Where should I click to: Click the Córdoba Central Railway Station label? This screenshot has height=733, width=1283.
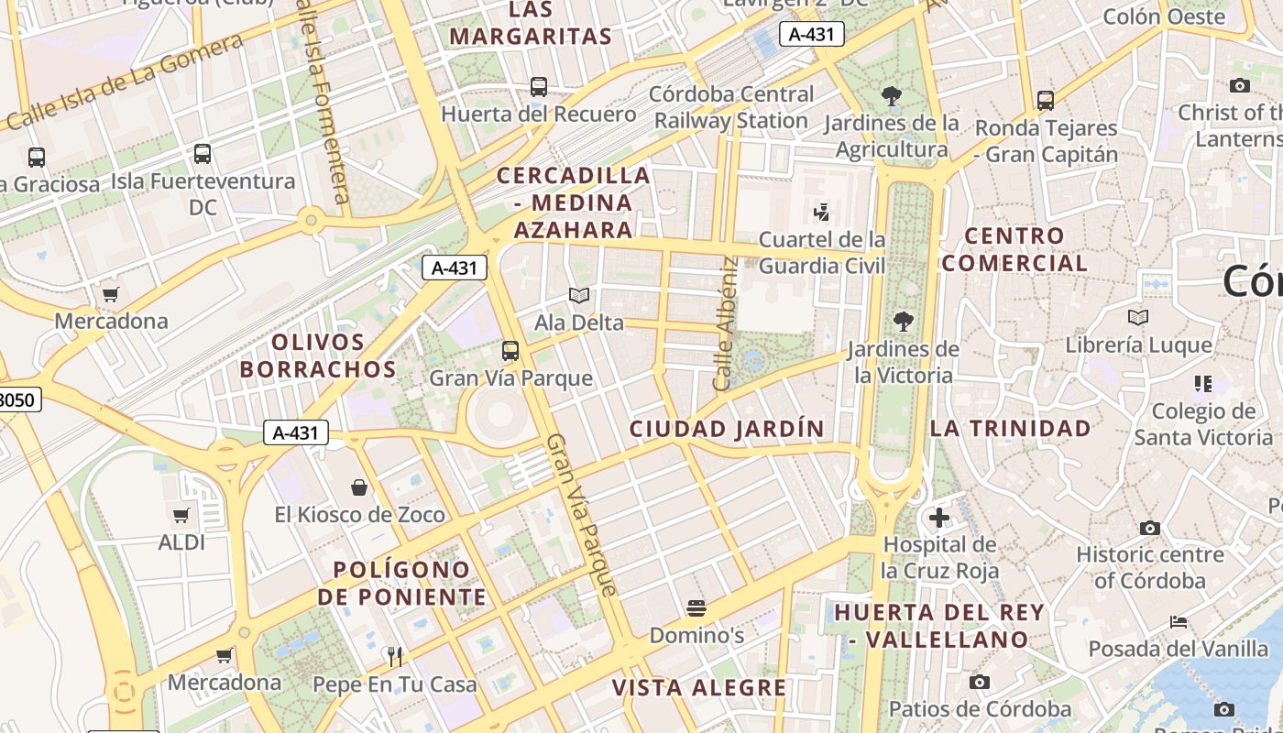pyautogui.click(x=731, y=107)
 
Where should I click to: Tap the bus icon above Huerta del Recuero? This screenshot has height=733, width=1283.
pyautogui.click(x=539, y=87)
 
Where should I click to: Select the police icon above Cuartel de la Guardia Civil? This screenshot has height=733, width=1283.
pyautogui.click(x=821, y=213)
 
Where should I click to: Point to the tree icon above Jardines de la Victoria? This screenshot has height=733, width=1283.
pyautogui.click(x=904, y=321)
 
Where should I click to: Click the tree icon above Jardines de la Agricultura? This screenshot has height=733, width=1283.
pyautogui.click(x=891, y=95)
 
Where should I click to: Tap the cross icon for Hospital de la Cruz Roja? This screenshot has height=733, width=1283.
pyautogui.click(x=939, y=519)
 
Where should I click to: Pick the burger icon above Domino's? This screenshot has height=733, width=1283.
pyautogui.click(x=696, y=607)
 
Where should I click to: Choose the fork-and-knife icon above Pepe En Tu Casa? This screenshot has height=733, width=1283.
pyautogui.click(x=395, y=656)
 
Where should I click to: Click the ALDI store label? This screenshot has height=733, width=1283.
pyautogui.click(x=181, y=542)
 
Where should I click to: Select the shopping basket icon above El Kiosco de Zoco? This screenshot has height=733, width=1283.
pyautogui.click(x=359, y=487)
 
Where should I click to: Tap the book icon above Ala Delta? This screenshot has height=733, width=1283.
pyautogui.click(x=578, y=295)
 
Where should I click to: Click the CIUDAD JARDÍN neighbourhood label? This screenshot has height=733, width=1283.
pyautogui.click(x=727, y=428)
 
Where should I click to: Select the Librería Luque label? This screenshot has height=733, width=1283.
pyautogui.click(x=1138, y=345)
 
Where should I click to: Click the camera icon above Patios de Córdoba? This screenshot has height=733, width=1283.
pyautogui.click(x=980, y=682)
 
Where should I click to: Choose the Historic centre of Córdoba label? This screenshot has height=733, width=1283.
pyautogui.click(x=1149, y=567)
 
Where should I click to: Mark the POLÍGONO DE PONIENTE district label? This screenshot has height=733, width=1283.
pyautogui.click(x=402, y=584)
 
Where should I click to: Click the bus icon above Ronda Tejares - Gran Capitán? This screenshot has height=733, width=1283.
pyautogui.click(x=1046, y=101)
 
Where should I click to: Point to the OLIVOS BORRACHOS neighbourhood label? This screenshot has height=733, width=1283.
pyautogui.click(x=334, y=356)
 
